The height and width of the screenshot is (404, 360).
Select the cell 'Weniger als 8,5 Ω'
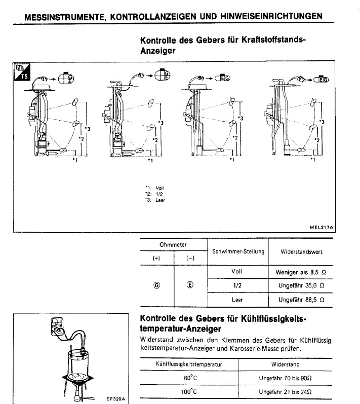point(300,272)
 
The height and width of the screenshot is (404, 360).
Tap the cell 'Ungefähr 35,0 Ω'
point(300,285)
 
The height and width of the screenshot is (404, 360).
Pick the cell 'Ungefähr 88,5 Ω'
point(300,299)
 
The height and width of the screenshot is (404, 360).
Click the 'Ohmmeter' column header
point(174,244)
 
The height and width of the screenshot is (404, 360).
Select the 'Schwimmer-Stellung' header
point(238,251)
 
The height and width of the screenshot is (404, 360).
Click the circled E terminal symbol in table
point(190,285)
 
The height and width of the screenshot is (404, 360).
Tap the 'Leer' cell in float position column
point(237,299)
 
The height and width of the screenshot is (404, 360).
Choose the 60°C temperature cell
point(190,377)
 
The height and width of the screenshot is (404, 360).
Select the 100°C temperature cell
point(190,392)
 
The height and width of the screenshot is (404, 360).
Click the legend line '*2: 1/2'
point(153,194)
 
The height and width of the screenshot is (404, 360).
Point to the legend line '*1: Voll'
point(154,188)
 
